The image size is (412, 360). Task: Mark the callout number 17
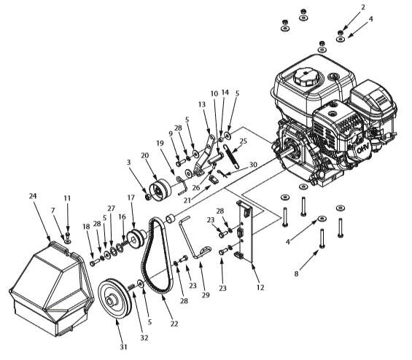[131, 197]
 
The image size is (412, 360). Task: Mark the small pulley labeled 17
[134, 238]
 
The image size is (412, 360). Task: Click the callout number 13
[202, 104]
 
